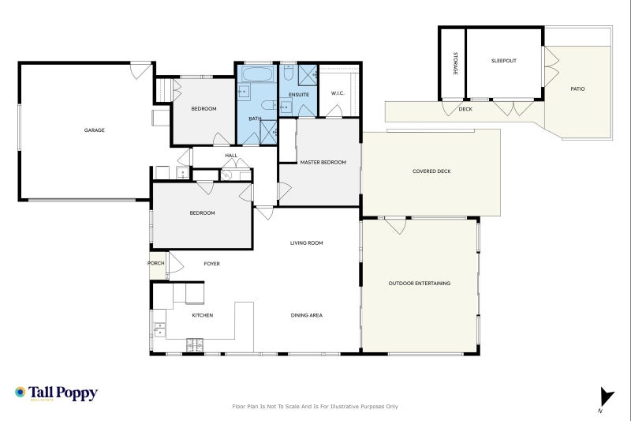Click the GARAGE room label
[94, 130]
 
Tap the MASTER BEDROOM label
[323, 163]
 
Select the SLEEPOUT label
[503, 61]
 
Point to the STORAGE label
[455, 63]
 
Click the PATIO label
[577, 88]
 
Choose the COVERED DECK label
[431, 171]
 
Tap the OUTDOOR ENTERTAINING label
[420, 284]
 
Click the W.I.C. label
[338, 93]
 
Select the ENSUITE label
[299, 95]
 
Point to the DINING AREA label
[307, 315]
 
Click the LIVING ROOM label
[307, 243]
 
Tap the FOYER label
[211, 264]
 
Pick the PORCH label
[155, 263]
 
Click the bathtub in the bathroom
[258, 74]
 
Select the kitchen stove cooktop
[195, 345]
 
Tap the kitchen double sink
[159, 329]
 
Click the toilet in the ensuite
[288, 72]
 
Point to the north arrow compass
[606, 399]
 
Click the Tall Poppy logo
[56, 393]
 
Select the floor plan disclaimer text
[315, 407]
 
